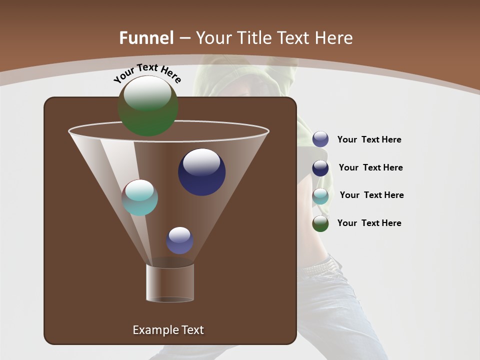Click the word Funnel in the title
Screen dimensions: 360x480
pos(146,38)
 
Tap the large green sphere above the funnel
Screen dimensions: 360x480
pos(147,106)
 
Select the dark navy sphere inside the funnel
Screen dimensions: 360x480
pos(201,172)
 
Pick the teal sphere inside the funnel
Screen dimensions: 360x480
pos(140,197)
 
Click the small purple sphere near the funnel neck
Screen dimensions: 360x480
pos(180,240)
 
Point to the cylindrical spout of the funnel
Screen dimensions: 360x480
pos(170,282)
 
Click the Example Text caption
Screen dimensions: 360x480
pos(168,330)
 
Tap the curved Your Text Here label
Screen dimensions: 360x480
pos(147,73)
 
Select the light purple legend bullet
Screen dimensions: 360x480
pos(320,139)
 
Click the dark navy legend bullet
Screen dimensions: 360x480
pos(320,168)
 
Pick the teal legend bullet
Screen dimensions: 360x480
pos(320,196)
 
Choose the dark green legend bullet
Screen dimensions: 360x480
pos(320,223)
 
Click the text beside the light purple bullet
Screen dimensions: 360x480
pos(369,140)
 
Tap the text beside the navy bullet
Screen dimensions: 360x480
pos(370,168)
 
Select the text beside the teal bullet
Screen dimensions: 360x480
pos(371,195)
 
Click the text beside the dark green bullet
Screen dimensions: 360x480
pos(369,223)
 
